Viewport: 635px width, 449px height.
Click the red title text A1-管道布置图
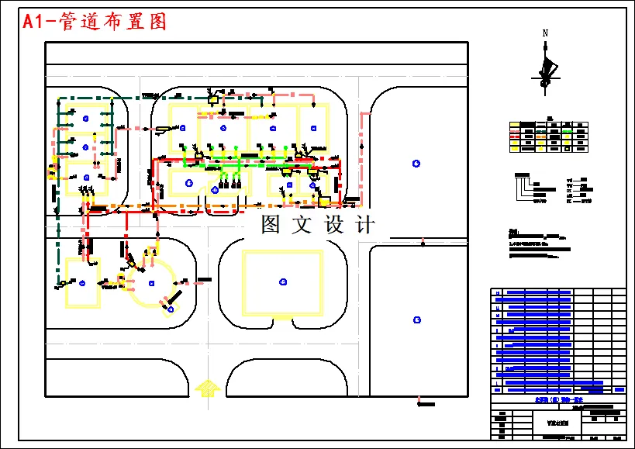point(95,22)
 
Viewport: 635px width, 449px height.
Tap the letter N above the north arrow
point(546,33)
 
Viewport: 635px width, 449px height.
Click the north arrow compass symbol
point(546,68)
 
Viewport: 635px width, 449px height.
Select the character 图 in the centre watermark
point(270,225)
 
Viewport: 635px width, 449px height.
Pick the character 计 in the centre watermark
point(364,225)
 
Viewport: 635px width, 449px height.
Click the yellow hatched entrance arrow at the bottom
point(206,387)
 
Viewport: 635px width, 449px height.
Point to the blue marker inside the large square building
point(282,281)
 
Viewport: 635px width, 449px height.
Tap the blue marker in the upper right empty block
point(416,163)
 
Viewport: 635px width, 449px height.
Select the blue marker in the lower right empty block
point(417,319)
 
